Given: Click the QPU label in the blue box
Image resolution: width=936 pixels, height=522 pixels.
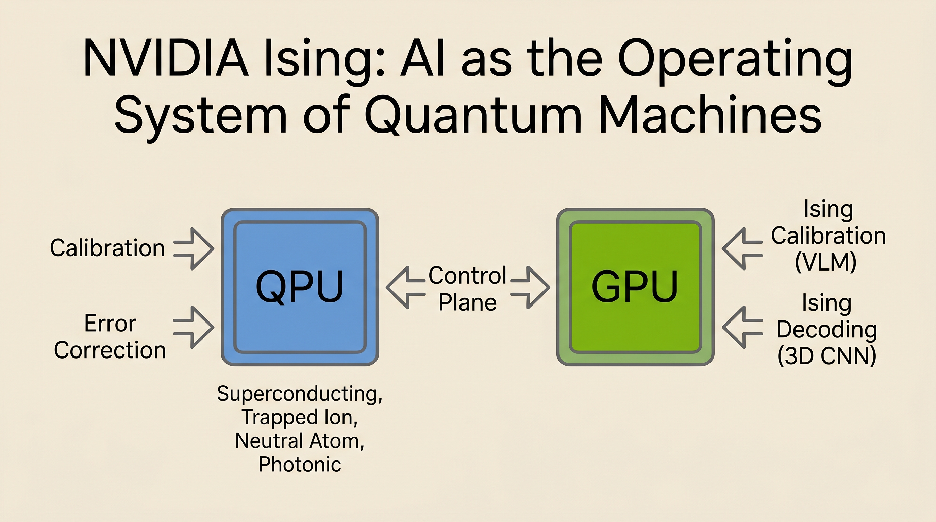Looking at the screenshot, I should coord(299,286).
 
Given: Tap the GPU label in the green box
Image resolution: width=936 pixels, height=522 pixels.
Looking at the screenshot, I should coord(635,286).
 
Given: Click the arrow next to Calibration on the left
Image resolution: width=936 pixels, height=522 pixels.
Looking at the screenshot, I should coord(194,249).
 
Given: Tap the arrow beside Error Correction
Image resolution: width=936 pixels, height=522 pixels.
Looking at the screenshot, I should coord(194,327).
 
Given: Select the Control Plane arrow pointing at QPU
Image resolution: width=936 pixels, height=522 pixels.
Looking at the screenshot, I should coord(404,288).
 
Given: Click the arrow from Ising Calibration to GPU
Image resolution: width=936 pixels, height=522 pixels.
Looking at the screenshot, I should coord(741,249).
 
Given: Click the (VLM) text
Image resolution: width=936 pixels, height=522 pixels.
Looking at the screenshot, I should coord(825,262).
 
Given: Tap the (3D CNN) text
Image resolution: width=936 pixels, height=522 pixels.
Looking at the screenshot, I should coord(826,356).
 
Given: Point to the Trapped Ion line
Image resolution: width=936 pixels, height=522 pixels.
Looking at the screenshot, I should coord(299,417).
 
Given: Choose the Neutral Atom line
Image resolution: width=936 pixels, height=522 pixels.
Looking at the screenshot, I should coord(299,441).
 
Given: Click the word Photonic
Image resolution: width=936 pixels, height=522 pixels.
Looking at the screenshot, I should coord(299,464).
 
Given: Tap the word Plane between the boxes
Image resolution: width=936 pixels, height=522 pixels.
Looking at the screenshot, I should coord(468,303).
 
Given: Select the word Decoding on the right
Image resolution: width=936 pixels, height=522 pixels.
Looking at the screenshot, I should coord(826,330).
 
